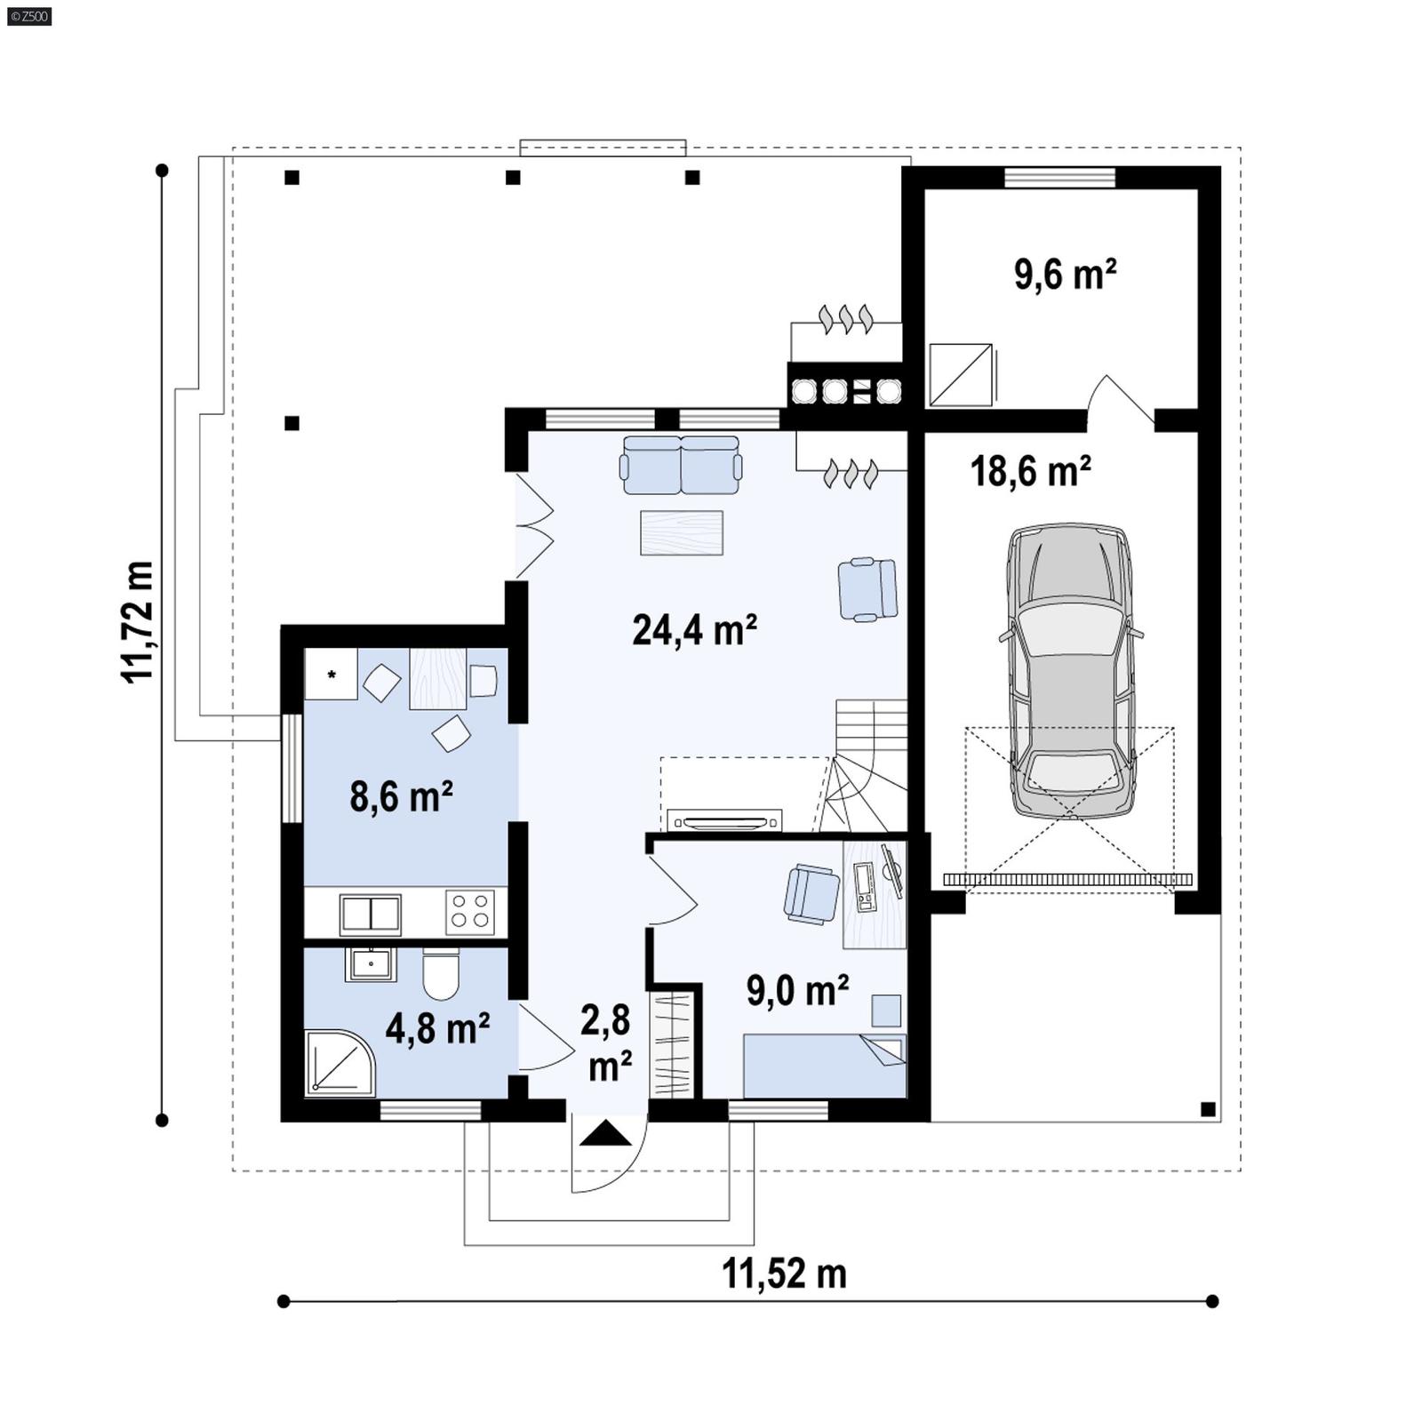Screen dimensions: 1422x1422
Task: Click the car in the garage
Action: [1070, 671]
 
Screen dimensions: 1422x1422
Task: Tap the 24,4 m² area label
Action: [694, 630]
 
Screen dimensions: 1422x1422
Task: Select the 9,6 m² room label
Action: [1065, 275]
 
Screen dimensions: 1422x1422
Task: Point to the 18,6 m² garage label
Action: [1030, 470]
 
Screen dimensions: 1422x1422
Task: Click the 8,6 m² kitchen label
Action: [401, 796]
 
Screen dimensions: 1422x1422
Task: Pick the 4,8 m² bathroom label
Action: [437, 1028]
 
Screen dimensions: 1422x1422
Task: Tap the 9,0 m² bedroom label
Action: [797, 990]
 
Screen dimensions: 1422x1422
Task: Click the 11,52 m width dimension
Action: [784, 1274]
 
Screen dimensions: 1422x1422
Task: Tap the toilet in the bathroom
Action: [441, 975]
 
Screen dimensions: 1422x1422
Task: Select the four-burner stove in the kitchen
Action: [470, 911]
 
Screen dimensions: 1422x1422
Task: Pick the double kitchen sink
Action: [371, 914]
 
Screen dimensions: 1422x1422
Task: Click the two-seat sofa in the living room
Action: [681, 465]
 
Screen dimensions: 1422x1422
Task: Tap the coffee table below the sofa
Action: [682, 532]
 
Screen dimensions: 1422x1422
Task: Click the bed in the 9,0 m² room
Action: [824, 1066]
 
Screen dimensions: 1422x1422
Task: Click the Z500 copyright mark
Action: [28, 15]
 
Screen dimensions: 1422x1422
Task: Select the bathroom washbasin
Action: [370, 964]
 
